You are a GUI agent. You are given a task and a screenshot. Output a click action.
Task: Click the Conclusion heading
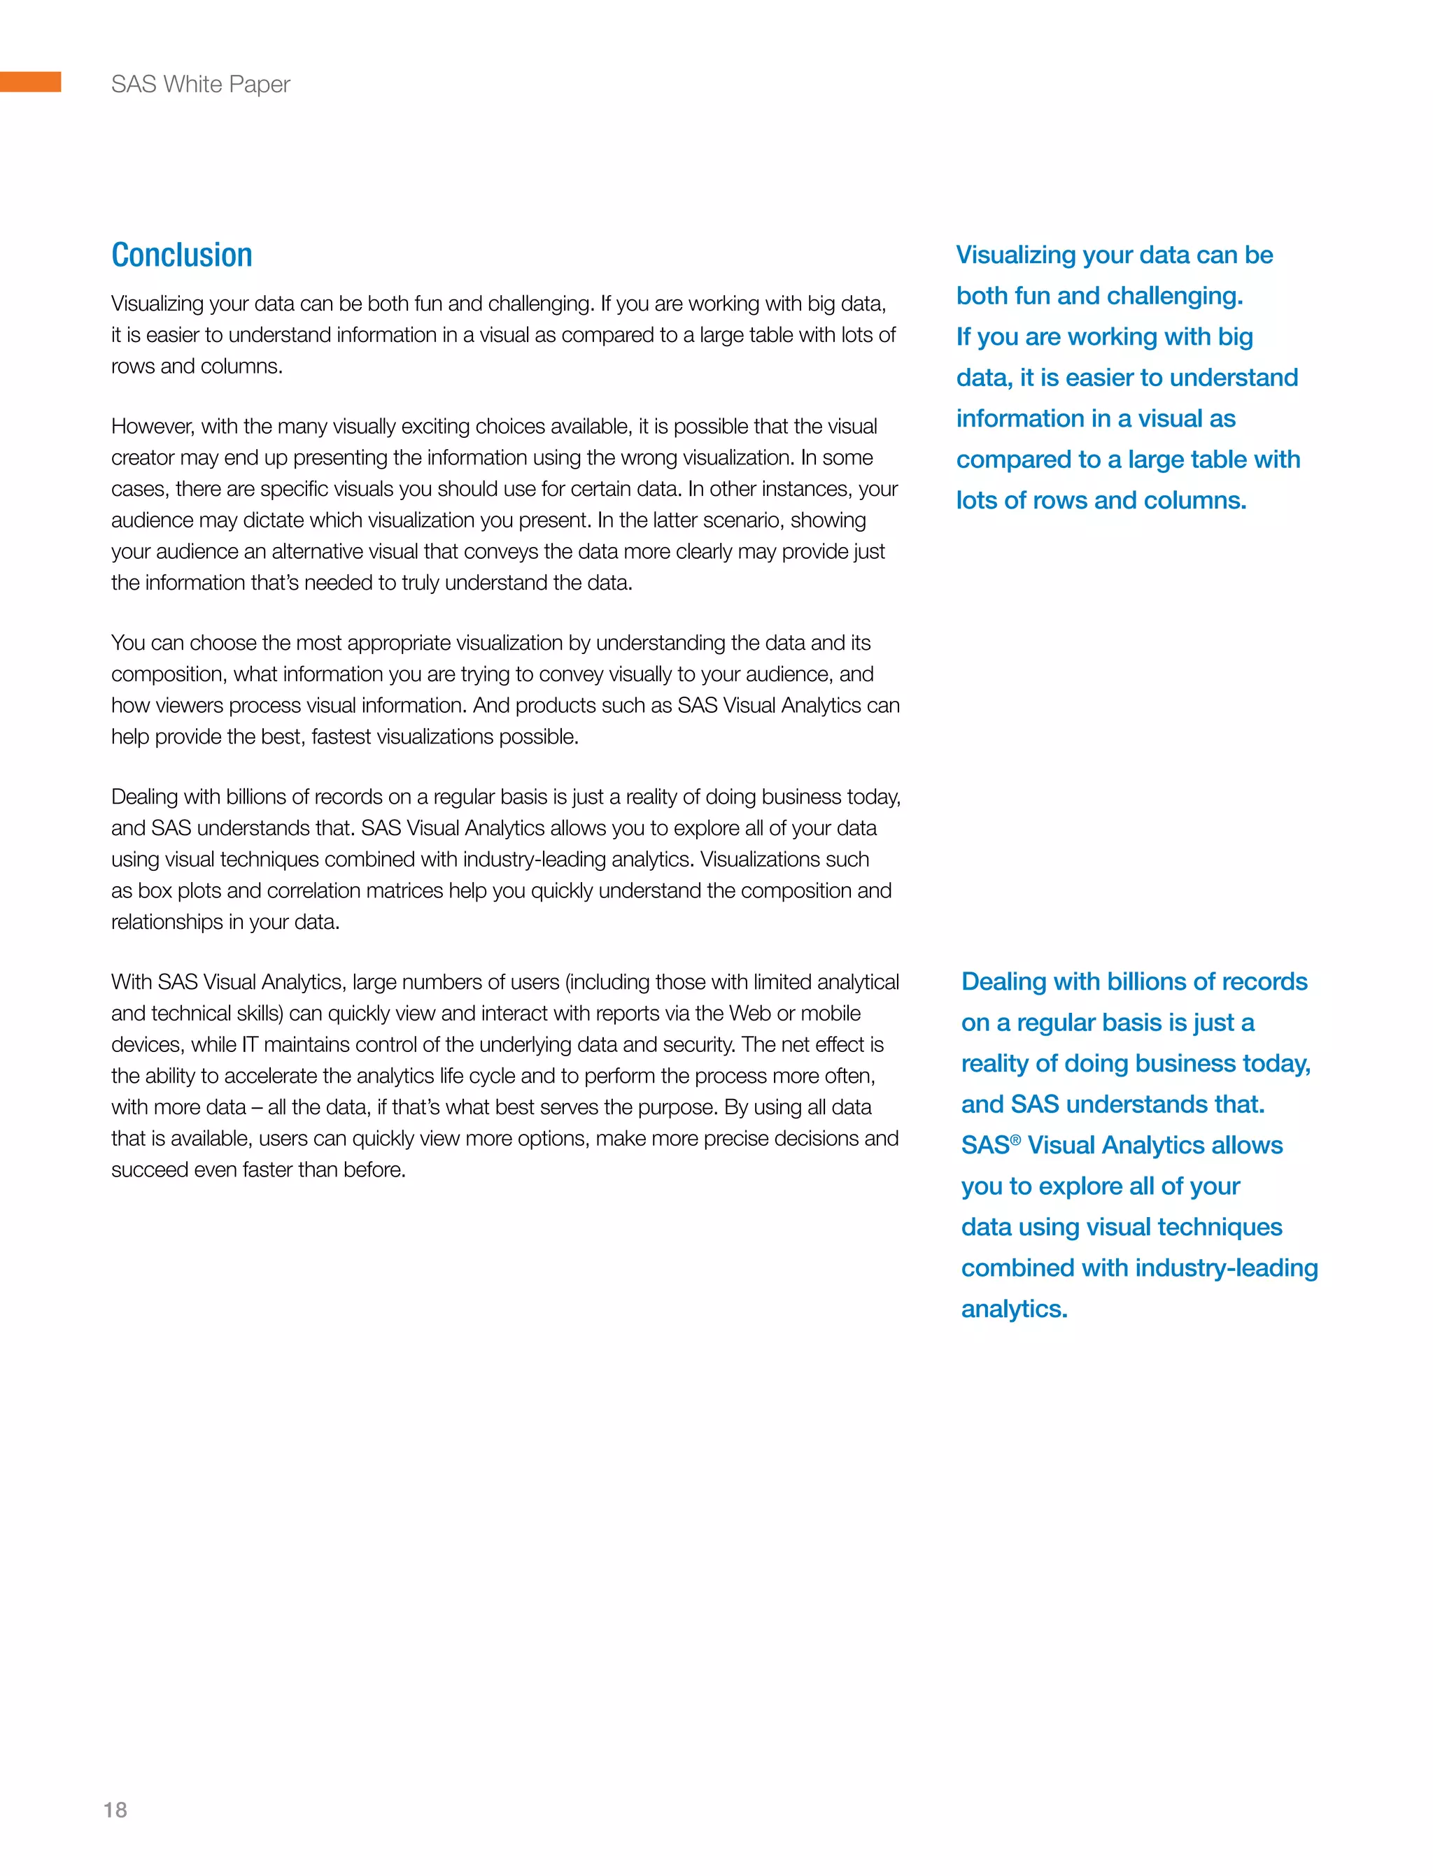182,255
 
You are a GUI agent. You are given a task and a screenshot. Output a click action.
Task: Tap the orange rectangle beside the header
31,82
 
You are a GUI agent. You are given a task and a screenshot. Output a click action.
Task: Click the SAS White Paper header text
200,85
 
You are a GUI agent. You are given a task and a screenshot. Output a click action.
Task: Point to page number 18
115,1810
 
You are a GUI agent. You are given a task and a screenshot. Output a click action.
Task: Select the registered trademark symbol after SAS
1015,1140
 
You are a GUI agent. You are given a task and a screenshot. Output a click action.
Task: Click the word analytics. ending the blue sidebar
1014,1309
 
